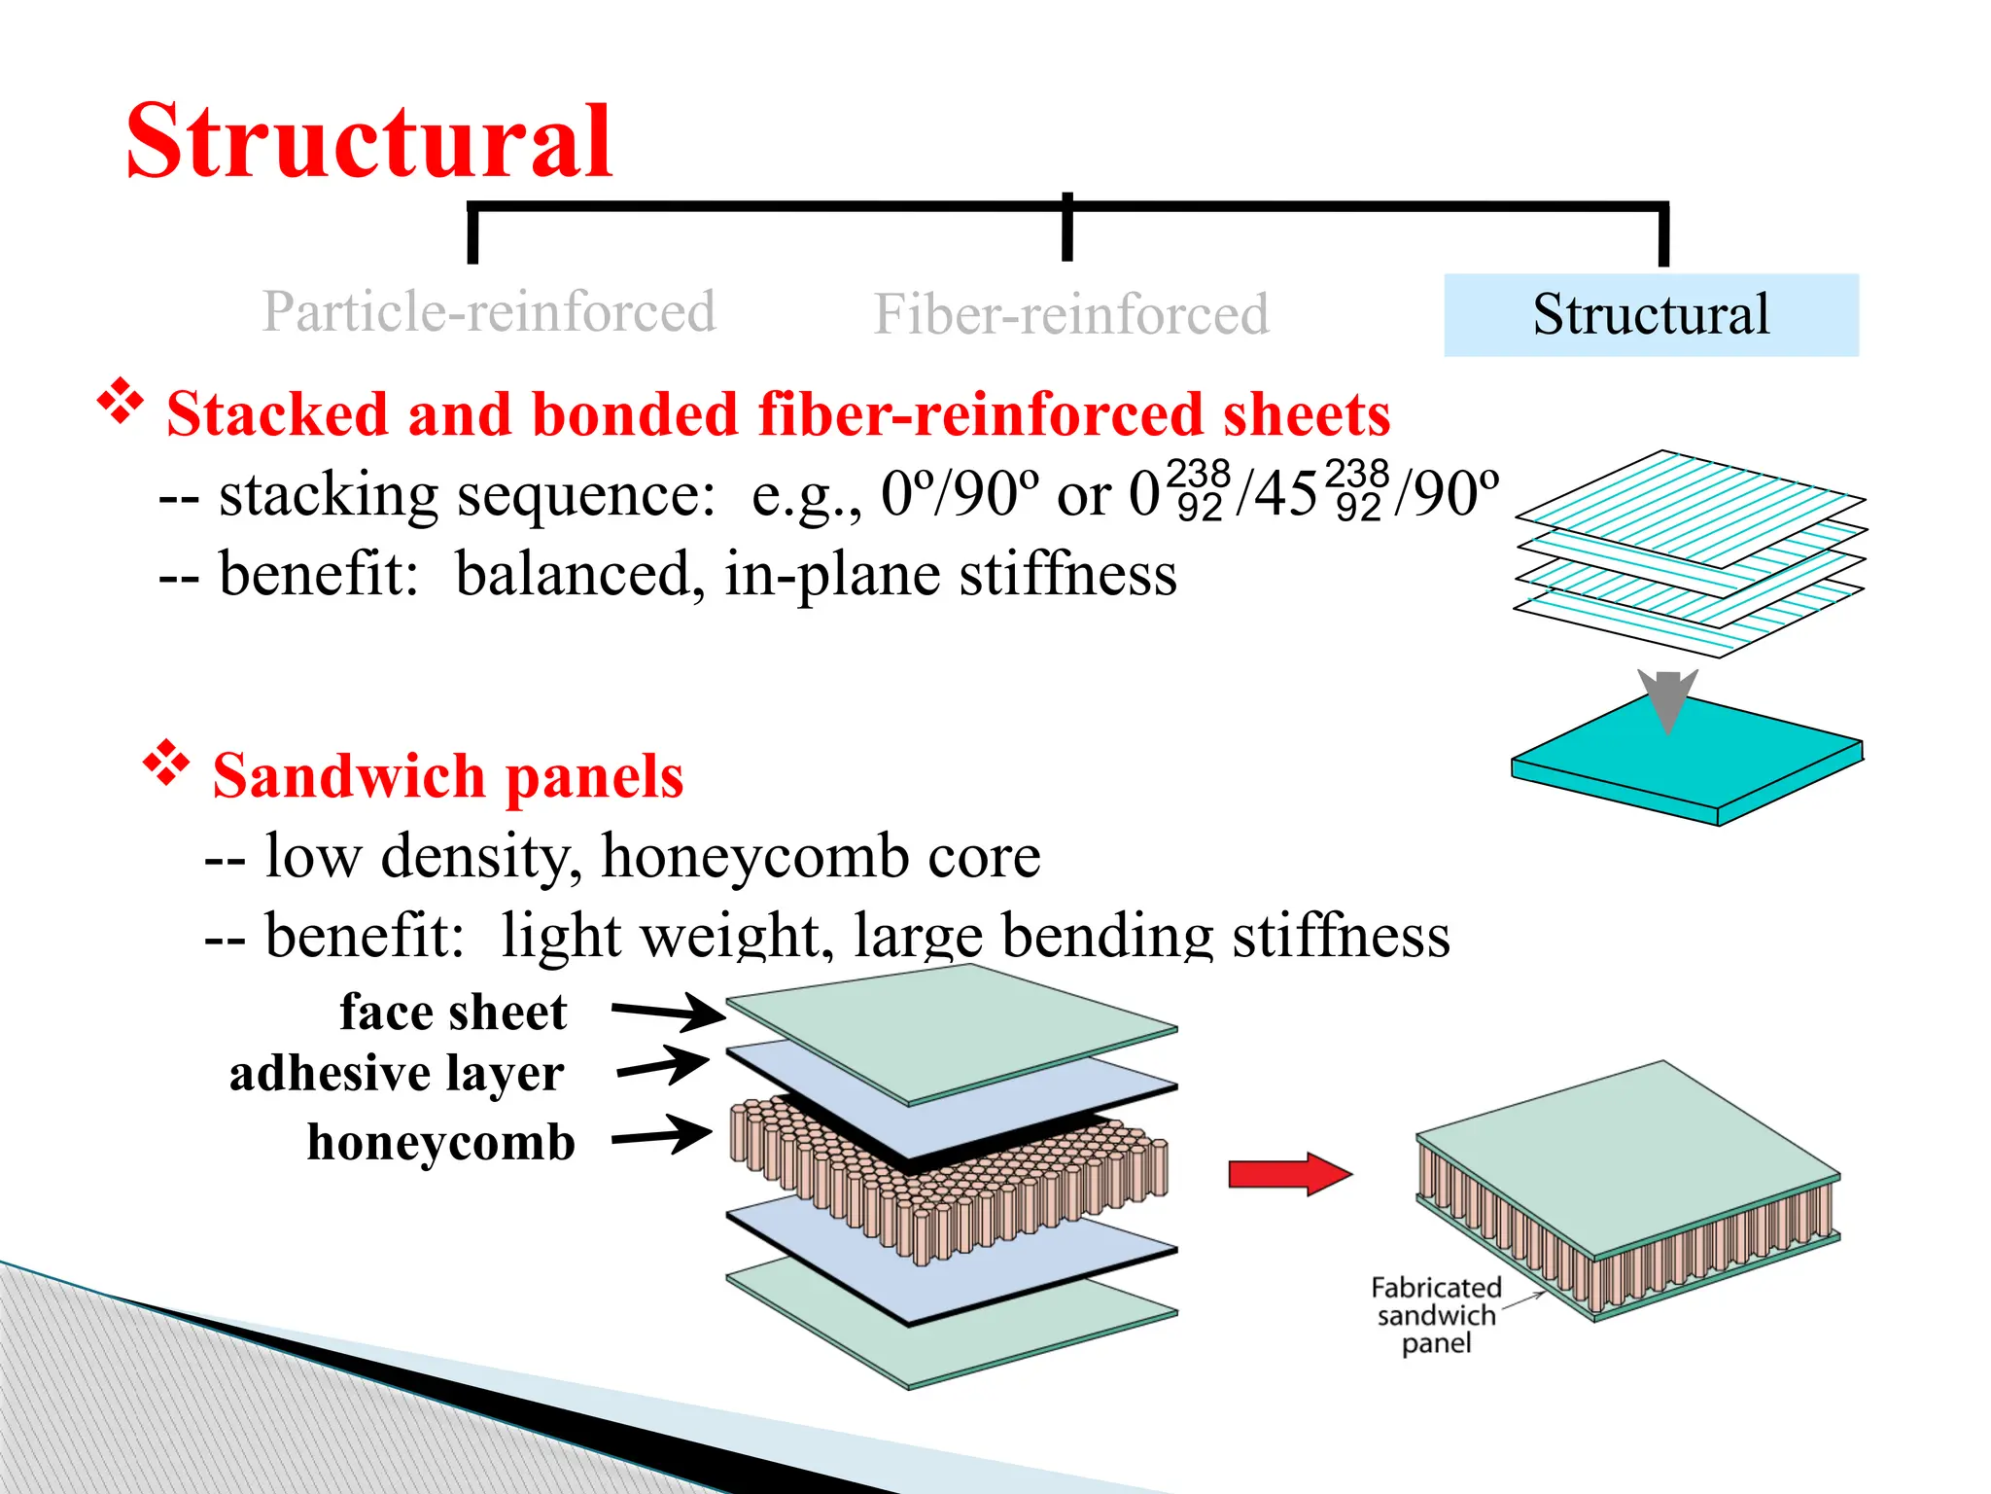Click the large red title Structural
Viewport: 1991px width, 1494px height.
click(369, 142)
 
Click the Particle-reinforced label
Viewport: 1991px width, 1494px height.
click(489, 311)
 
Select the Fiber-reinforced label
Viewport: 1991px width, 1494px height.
click(1070, 314)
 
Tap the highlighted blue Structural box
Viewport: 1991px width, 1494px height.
click(1650, 314)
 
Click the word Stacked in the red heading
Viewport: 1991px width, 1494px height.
click(278, 414)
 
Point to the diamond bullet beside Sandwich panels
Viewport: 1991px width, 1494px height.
click(167, 763)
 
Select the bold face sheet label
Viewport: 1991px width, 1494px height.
click(453, 1013)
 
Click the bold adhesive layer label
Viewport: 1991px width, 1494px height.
click(397, 1074)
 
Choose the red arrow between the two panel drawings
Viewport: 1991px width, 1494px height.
click(1289, 1174)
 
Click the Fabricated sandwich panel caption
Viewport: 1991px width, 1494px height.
click(1436, 1315)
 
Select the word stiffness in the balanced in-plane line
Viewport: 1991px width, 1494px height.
click(1068, 574)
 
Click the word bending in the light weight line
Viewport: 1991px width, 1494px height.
click(1107, 937)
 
